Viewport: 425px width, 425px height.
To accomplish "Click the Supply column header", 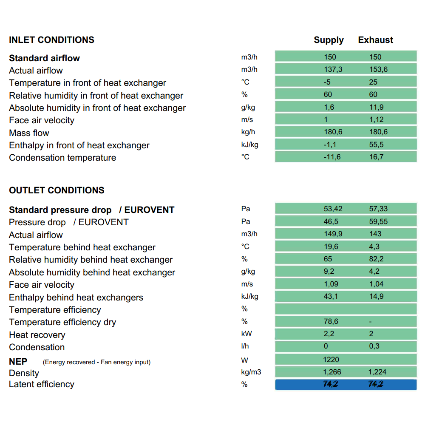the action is [x=329, y=40].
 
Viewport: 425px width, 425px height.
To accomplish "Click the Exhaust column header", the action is [x=375, y=40].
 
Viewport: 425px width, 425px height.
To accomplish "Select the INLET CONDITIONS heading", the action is [x=51, y=40].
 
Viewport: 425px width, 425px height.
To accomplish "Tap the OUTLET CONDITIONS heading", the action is [x=57, y=190].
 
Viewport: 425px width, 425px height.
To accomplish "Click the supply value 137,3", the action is [x=333, y=69].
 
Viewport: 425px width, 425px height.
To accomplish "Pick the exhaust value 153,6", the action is [x=378, y=69].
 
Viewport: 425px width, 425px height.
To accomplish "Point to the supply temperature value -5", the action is [x=327, y=82].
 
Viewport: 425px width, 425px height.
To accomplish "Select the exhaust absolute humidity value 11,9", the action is [x=377, y=107].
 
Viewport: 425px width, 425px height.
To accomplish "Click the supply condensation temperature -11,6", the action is [x=332, y=157].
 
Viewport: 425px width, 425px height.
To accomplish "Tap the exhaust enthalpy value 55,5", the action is [x=377, y=144].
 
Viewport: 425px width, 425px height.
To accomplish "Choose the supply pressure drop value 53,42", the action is [x=333, y=209].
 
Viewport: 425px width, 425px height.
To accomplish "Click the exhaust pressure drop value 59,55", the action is [x=378, y=221].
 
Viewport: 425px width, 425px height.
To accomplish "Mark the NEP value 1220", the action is [x=331, y=360].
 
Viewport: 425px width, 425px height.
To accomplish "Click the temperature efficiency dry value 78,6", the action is [x=331, y=321].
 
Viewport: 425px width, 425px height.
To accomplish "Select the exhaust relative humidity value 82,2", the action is [x=377, y=259].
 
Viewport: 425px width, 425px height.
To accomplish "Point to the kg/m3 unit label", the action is [x=251, y=372].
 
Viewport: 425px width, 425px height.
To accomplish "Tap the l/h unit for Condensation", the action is [x=245, y=346].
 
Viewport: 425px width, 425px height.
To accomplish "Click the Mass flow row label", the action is [x=29, y=133].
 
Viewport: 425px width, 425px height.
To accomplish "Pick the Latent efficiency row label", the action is [x=42, y=384].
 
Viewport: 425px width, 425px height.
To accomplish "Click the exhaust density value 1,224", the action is [x=377, y=372].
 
